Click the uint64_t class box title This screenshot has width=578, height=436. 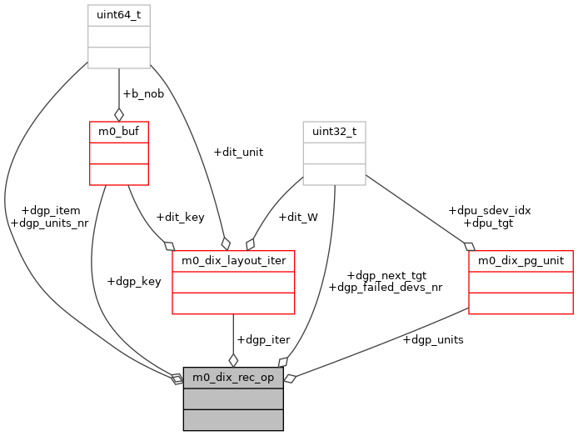119,15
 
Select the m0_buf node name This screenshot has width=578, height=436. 119,132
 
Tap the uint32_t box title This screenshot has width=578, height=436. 334,132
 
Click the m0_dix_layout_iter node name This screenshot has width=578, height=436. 233,261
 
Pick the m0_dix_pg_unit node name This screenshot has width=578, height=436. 521,261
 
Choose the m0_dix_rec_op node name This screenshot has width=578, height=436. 233,378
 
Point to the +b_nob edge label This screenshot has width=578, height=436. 143,93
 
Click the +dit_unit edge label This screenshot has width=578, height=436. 238,152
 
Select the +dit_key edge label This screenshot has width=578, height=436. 180,218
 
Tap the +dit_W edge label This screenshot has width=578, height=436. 298,218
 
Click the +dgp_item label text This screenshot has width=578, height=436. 50,211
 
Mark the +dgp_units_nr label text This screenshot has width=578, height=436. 50,223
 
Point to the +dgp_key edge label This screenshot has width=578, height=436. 134,281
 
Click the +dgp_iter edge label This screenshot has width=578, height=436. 263,339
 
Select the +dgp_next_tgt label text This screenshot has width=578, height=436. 386,275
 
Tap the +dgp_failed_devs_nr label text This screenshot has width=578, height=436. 386,288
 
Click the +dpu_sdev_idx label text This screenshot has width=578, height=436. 490,211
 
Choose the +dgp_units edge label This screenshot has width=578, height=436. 433,339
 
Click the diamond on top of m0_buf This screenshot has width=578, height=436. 119,114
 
